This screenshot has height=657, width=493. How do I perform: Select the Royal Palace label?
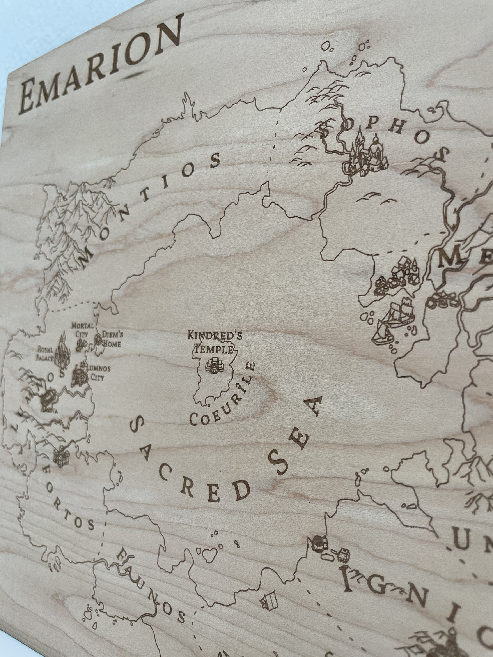tap(45, 354)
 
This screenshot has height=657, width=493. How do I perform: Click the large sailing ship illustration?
tap(397, 321)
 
